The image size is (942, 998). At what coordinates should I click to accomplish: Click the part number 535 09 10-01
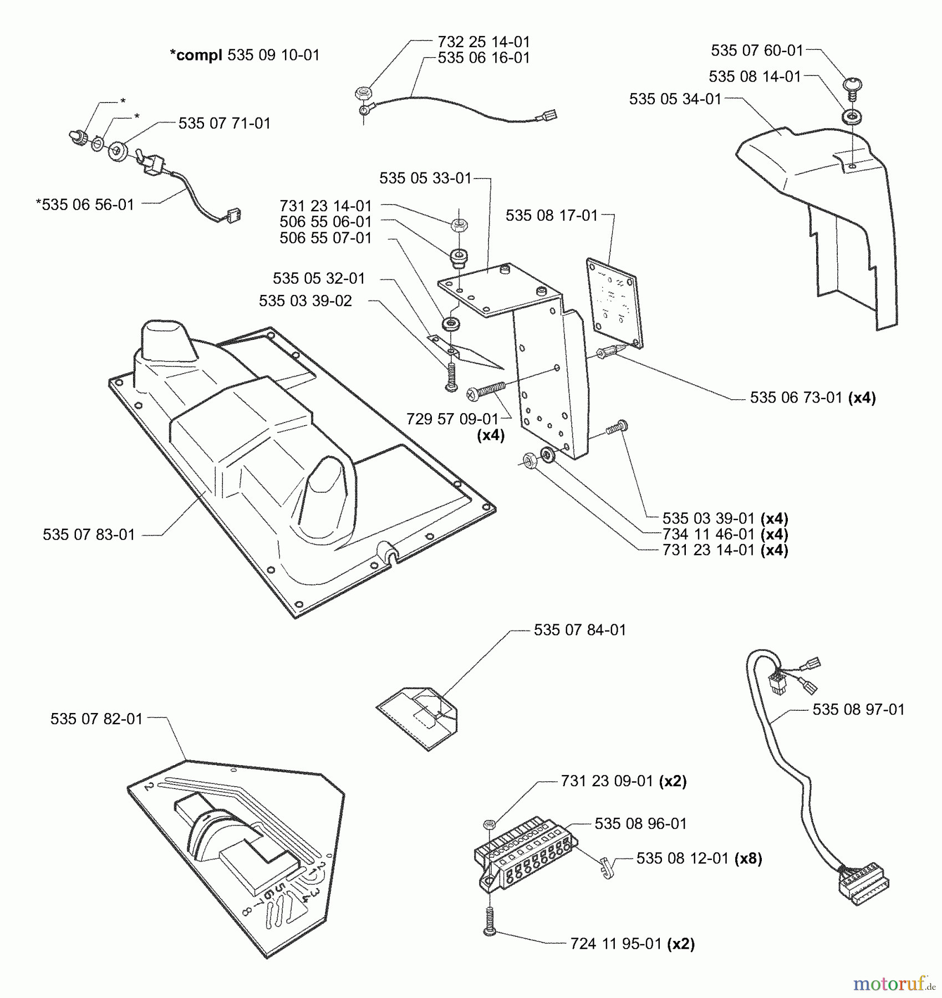point(273,55)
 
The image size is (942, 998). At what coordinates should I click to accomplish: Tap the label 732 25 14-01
point(483,42)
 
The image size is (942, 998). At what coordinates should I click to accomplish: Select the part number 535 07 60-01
point(757,50)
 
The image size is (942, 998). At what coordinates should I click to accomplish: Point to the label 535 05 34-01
point(675,99)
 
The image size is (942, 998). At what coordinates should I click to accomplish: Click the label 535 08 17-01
point(552,215)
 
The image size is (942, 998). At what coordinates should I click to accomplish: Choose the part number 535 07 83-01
point(89,534)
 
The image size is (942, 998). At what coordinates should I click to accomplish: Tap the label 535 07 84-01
point(579,630)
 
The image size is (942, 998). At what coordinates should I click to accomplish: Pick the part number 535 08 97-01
point(858,709)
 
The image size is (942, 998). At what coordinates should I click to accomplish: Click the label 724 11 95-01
point(616,944)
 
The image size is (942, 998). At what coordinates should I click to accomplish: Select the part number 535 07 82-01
point(96,719)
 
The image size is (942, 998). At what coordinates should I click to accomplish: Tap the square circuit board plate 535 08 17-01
point(614,302)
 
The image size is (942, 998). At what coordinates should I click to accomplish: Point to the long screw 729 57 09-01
point(486,390)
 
